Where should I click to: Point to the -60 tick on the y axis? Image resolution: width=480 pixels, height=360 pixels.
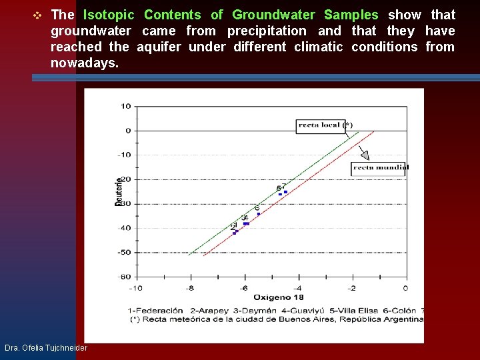click(x=125, y=277)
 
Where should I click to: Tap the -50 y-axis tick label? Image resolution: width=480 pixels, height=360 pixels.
click(x=125, y=253)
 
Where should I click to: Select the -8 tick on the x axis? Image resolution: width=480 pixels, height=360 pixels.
click(x=191, y=288)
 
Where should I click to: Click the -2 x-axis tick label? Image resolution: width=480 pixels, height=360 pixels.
click(x=351, y=288)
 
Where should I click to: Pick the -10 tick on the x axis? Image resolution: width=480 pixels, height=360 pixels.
click(x=135, y=288)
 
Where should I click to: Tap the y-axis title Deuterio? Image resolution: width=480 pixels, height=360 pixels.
click(x=119, y=191)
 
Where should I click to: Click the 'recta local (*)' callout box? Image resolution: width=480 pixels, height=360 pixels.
click(x=325, y=125)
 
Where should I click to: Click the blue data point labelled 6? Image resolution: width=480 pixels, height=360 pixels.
click(x=259, y=214)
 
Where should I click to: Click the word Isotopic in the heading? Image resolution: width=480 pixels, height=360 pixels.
click(x=109, y=15)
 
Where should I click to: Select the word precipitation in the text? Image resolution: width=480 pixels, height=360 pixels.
click(x=267, y=31)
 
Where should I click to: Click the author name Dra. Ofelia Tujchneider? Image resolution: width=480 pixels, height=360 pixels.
click(x=45, y=348)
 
